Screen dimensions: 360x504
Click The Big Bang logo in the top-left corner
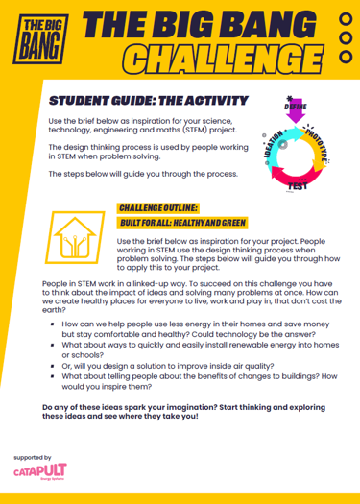click(36, 36)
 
